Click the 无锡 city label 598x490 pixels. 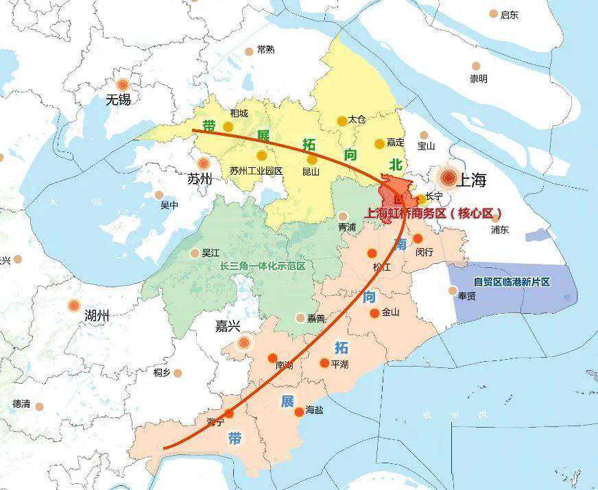pos(118,100)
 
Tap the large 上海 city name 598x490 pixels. pos(470,180)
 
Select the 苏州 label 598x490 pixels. pos(200,180)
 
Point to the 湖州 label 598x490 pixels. pos(97,315)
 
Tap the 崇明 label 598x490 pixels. pos(478,79)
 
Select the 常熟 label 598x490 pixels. pos(265,49)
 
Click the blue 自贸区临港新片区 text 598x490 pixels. pos(512,282)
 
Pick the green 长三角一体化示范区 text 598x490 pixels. pos(262,266)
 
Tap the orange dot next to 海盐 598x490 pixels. pos(299,412)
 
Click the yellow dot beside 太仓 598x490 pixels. pos(342,121)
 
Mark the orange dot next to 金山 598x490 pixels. pos(374,313)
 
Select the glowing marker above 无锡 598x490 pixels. pos(123,84)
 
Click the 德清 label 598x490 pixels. pos(21,404)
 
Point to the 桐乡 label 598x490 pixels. pos(163,372)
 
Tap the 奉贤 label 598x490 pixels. pos(466,296)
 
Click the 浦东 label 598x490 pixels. pos(499,230)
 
